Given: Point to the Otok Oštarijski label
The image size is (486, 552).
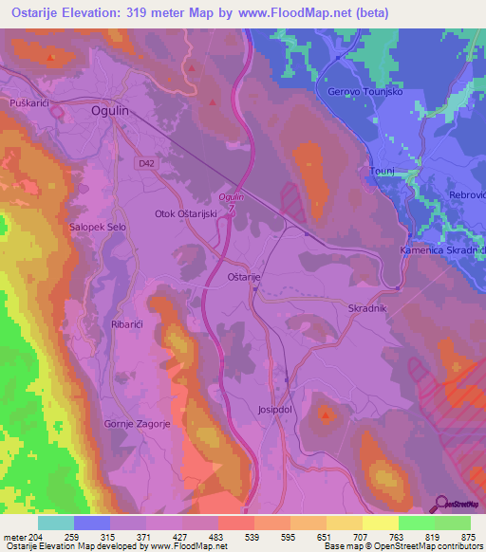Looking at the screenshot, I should (186, 214).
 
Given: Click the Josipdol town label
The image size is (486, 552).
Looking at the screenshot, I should (279, 411).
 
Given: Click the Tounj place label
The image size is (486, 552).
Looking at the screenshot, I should (381, 172).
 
